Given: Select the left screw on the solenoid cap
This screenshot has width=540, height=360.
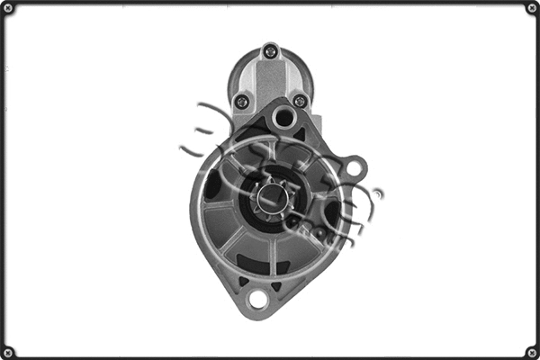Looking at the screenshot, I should point(241,101).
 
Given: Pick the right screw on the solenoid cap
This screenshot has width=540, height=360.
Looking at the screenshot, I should point(300,101).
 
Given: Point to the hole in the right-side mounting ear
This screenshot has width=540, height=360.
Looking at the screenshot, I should point(355,166).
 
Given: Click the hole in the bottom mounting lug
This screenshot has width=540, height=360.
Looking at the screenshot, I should point(258,298).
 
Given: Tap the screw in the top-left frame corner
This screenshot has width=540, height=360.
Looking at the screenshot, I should point(9,9).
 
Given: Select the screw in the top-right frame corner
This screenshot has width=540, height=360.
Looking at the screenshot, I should point(531,9).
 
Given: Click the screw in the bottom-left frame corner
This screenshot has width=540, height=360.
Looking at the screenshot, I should point(9,351).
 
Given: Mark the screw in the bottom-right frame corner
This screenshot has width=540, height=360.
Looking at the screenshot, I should point(531,351).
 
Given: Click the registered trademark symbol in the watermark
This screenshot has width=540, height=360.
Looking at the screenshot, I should point(378,193).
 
